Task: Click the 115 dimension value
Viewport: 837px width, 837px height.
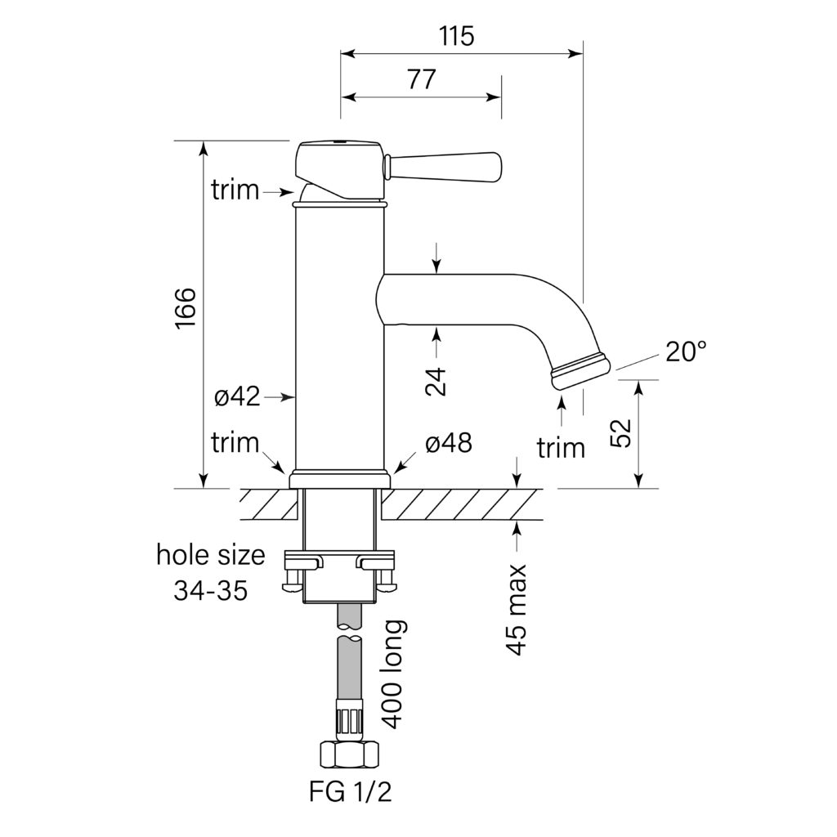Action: [456, 36]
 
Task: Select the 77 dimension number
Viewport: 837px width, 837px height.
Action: [421, 79]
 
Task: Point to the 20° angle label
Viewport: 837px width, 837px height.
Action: [685, 352]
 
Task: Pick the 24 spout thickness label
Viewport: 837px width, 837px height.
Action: [438, 381]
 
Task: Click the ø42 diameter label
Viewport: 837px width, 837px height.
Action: [237, 397]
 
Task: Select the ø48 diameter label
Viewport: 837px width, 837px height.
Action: [448, 443]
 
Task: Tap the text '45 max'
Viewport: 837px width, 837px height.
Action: [517, 610]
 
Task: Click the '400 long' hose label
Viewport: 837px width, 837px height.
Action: [394, 674]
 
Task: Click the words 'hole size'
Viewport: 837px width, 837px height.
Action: [211, 556]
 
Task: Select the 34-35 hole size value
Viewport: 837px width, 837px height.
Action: [210, 590]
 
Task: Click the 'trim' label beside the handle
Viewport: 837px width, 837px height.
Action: [235, 190]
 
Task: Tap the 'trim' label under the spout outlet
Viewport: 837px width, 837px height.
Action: [561, 447]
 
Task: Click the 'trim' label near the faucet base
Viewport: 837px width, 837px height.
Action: [235, 443]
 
